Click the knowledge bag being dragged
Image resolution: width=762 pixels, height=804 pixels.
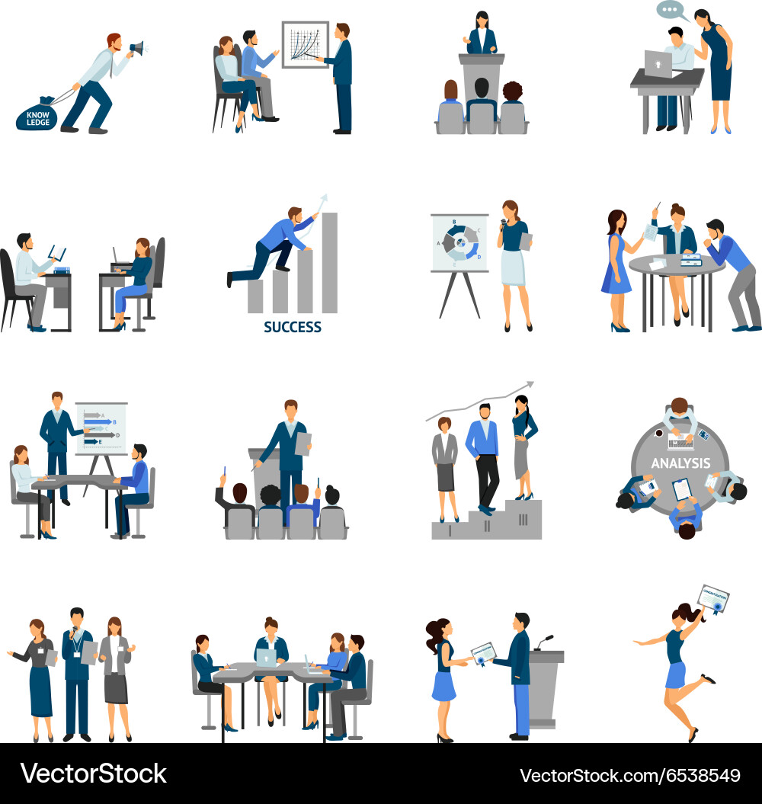click(x=36, y=116)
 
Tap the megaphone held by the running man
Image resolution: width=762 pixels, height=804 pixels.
click(x=136, y=49)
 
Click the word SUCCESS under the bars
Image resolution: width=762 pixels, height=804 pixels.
click(x=293, y=327)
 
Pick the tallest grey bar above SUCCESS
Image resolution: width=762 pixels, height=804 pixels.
click(x=329, y=263)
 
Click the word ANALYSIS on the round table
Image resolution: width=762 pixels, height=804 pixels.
click(x=680, y=463)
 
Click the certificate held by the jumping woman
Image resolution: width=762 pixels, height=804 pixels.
click(x=713, y=600)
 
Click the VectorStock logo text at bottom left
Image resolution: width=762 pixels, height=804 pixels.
click(x=93, y=774)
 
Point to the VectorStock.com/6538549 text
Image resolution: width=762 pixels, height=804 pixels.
click(x=629, y=776)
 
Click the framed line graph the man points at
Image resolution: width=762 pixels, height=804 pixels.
click(x=305, y=44)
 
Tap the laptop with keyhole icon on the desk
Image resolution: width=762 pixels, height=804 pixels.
click(x=658, y=64)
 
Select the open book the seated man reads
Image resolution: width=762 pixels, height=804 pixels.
click(x=57, y=253)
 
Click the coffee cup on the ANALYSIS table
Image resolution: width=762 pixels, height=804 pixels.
click(x=658, y=433)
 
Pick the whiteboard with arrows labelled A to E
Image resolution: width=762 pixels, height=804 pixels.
click(x=101, y=428)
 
